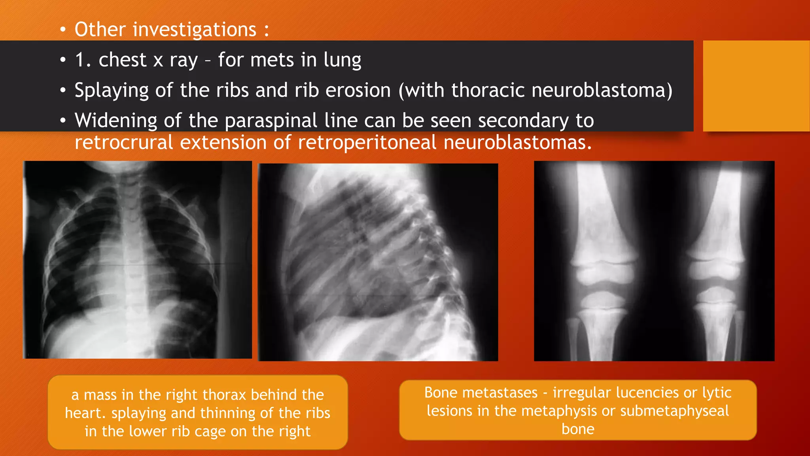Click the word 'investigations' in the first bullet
pyautogui.click(x=195, y=30)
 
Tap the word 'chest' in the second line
pyautogui.click(x=123, y=60)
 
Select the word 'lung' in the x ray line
pyautogui.click(x=342, y=60)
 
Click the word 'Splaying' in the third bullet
pyautogui.click(x=112, y=91)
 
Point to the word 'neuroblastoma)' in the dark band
pyautogui.click(x=602, y=90)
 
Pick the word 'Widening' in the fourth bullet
pyautogui.click(x=115, y=120)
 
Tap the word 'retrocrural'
pyautogui.click(x=124, y=142)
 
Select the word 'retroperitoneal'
pyautogui.click(x=367, y=142)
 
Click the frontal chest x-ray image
pyautogui.click(x=137, y=260)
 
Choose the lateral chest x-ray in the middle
pyautogui.click(x=378, y=262)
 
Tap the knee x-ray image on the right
pyautogui.click(x=654, y=261)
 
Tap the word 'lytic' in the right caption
pyautogui.click(x=717, y=393)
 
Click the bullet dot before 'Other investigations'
pyautogui.click(x=63, y=30)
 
